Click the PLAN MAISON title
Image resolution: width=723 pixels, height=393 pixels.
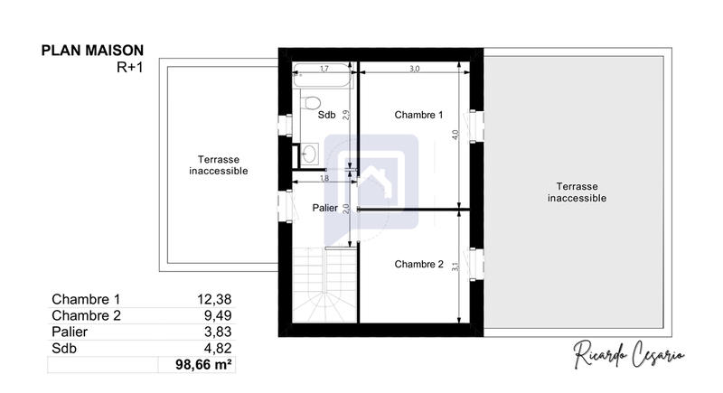click(92, 51)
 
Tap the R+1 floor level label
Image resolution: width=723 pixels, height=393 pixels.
click(129, 67)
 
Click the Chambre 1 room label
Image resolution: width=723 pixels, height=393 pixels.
click(418, 115)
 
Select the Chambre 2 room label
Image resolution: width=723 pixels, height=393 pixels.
click(418, 265)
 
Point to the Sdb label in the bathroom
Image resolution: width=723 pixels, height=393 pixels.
click(326, 116)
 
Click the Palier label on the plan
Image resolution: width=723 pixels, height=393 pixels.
click(325, 208)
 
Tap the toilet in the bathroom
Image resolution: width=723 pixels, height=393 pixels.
click(310, 101)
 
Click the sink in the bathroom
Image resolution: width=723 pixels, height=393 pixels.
click(308, 154)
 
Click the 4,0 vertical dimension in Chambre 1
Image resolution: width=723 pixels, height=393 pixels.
click(456, 134)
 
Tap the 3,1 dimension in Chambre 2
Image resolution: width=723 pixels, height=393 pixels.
click(456, 265)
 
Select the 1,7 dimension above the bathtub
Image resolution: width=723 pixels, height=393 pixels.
click(324, 68)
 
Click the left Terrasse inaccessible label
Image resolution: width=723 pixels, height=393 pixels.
click(218, 164)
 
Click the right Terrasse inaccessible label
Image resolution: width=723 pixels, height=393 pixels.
click(577, 192)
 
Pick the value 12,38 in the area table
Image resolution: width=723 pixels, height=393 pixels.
click(215, 300)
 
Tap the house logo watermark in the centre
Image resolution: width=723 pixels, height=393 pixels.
click(371, 181)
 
